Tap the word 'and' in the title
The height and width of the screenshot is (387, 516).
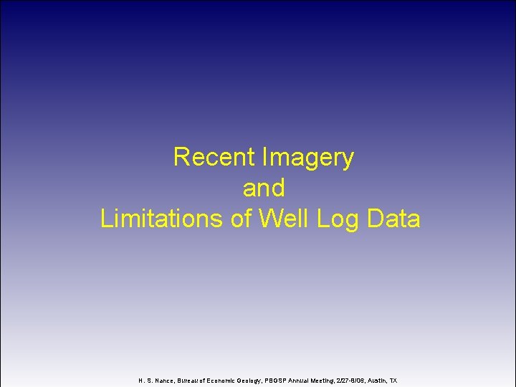pos(264,188)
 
